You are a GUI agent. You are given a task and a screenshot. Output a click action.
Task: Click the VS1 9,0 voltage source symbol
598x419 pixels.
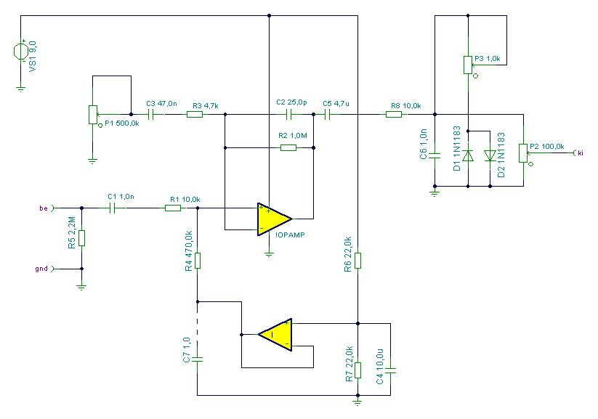pos(20,52)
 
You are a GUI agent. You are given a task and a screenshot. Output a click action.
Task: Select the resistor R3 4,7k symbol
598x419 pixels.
pos(195,114)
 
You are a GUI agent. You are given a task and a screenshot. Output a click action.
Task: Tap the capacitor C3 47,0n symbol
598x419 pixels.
pos(150,114)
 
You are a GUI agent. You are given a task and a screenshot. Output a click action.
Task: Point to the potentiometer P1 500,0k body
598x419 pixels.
pos(93,115)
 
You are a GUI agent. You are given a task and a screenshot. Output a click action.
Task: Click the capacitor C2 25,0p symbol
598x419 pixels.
pos(288,114)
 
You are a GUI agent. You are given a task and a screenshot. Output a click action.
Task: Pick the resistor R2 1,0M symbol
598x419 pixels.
pos(288,147)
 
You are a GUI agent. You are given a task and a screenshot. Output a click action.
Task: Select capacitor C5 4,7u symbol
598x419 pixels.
pos(327,114)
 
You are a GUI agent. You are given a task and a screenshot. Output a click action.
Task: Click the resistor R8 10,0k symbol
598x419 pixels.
pos(394,114)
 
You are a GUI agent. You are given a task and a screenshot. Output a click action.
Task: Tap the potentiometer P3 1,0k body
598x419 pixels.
pos(468,65)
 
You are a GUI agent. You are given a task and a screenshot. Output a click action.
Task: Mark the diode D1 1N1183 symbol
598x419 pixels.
pos(468,155)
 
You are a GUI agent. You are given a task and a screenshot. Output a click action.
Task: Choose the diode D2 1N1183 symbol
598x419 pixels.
pos(490,155)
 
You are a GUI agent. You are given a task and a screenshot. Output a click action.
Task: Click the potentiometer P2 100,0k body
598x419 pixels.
pos(523,153)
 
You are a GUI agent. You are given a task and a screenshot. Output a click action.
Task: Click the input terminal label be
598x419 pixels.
pos(44,208)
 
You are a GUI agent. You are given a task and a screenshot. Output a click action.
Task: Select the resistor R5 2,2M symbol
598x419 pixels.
pos(81,238)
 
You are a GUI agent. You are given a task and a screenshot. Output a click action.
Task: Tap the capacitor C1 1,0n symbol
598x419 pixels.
pos(112,208)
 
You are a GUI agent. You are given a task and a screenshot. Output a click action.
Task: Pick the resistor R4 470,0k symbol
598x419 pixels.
pos(198,261)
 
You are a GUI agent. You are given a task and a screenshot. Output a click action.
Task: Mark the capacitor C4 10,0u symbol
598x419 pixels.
pos(390,370)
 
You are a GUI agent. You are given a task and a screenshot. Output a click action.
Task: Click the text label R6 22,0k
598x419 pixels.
pos(348,254)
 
